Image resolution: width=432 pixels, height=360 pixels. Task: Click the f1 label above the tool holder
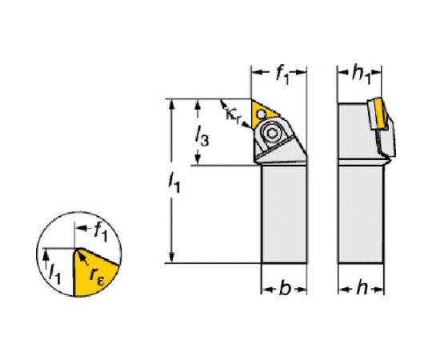(282, 75)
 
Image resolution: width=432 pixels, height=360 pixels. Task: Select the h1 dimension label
(361, 74)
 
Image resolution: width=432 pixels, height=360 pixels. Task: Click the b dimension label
(285, 289)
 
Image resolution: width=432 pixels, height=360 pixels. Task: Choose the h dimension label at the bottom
(362, 288)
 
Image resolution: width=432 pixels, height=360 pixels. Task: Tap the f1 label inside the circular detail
(100, 232)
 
